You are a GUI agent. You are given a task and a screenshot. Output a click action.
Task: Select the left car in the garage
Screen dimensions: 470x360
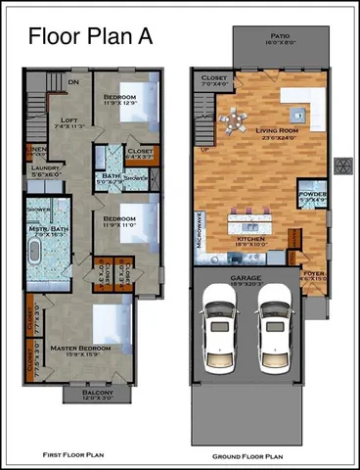(217, 328)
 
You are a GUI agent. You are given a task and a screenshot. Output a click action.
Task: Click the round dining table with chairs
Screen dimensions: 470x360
(234, 122)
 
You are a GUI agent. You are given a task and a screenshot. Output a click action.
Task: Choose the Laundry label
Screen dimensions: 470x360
(42, 166)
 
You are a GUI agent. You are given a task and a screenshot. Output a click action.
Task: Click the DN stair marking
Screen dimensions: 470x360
(73, 82)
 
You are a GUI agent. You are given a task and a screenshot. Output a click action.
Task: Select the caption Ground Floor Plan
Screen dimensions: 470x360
(247, 456)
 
